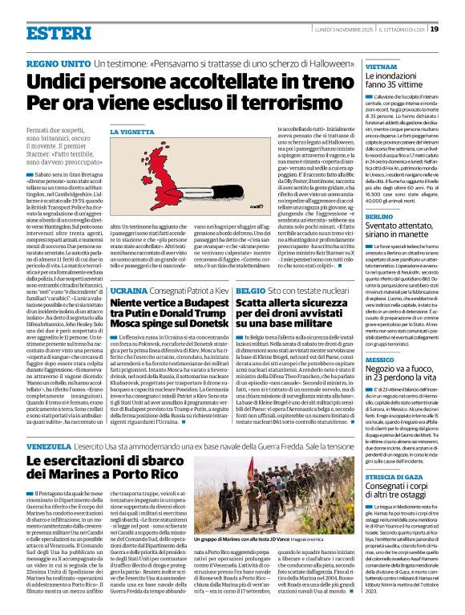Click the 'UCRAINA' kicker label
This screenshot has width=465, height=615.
coord(128,288)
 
